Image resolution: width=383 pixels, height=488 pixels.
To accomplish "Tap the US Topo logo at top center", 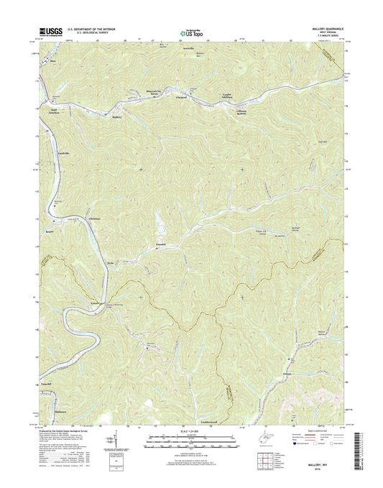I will point(191,32).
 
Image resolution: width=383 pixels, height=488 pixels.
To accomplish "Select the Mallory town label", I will point(119,116).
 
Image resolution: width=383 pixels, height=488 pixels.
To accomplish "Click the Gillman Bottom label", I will point(246,110).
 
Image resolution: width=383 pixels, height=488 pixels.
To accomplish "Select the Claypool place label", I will point(183,96).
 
